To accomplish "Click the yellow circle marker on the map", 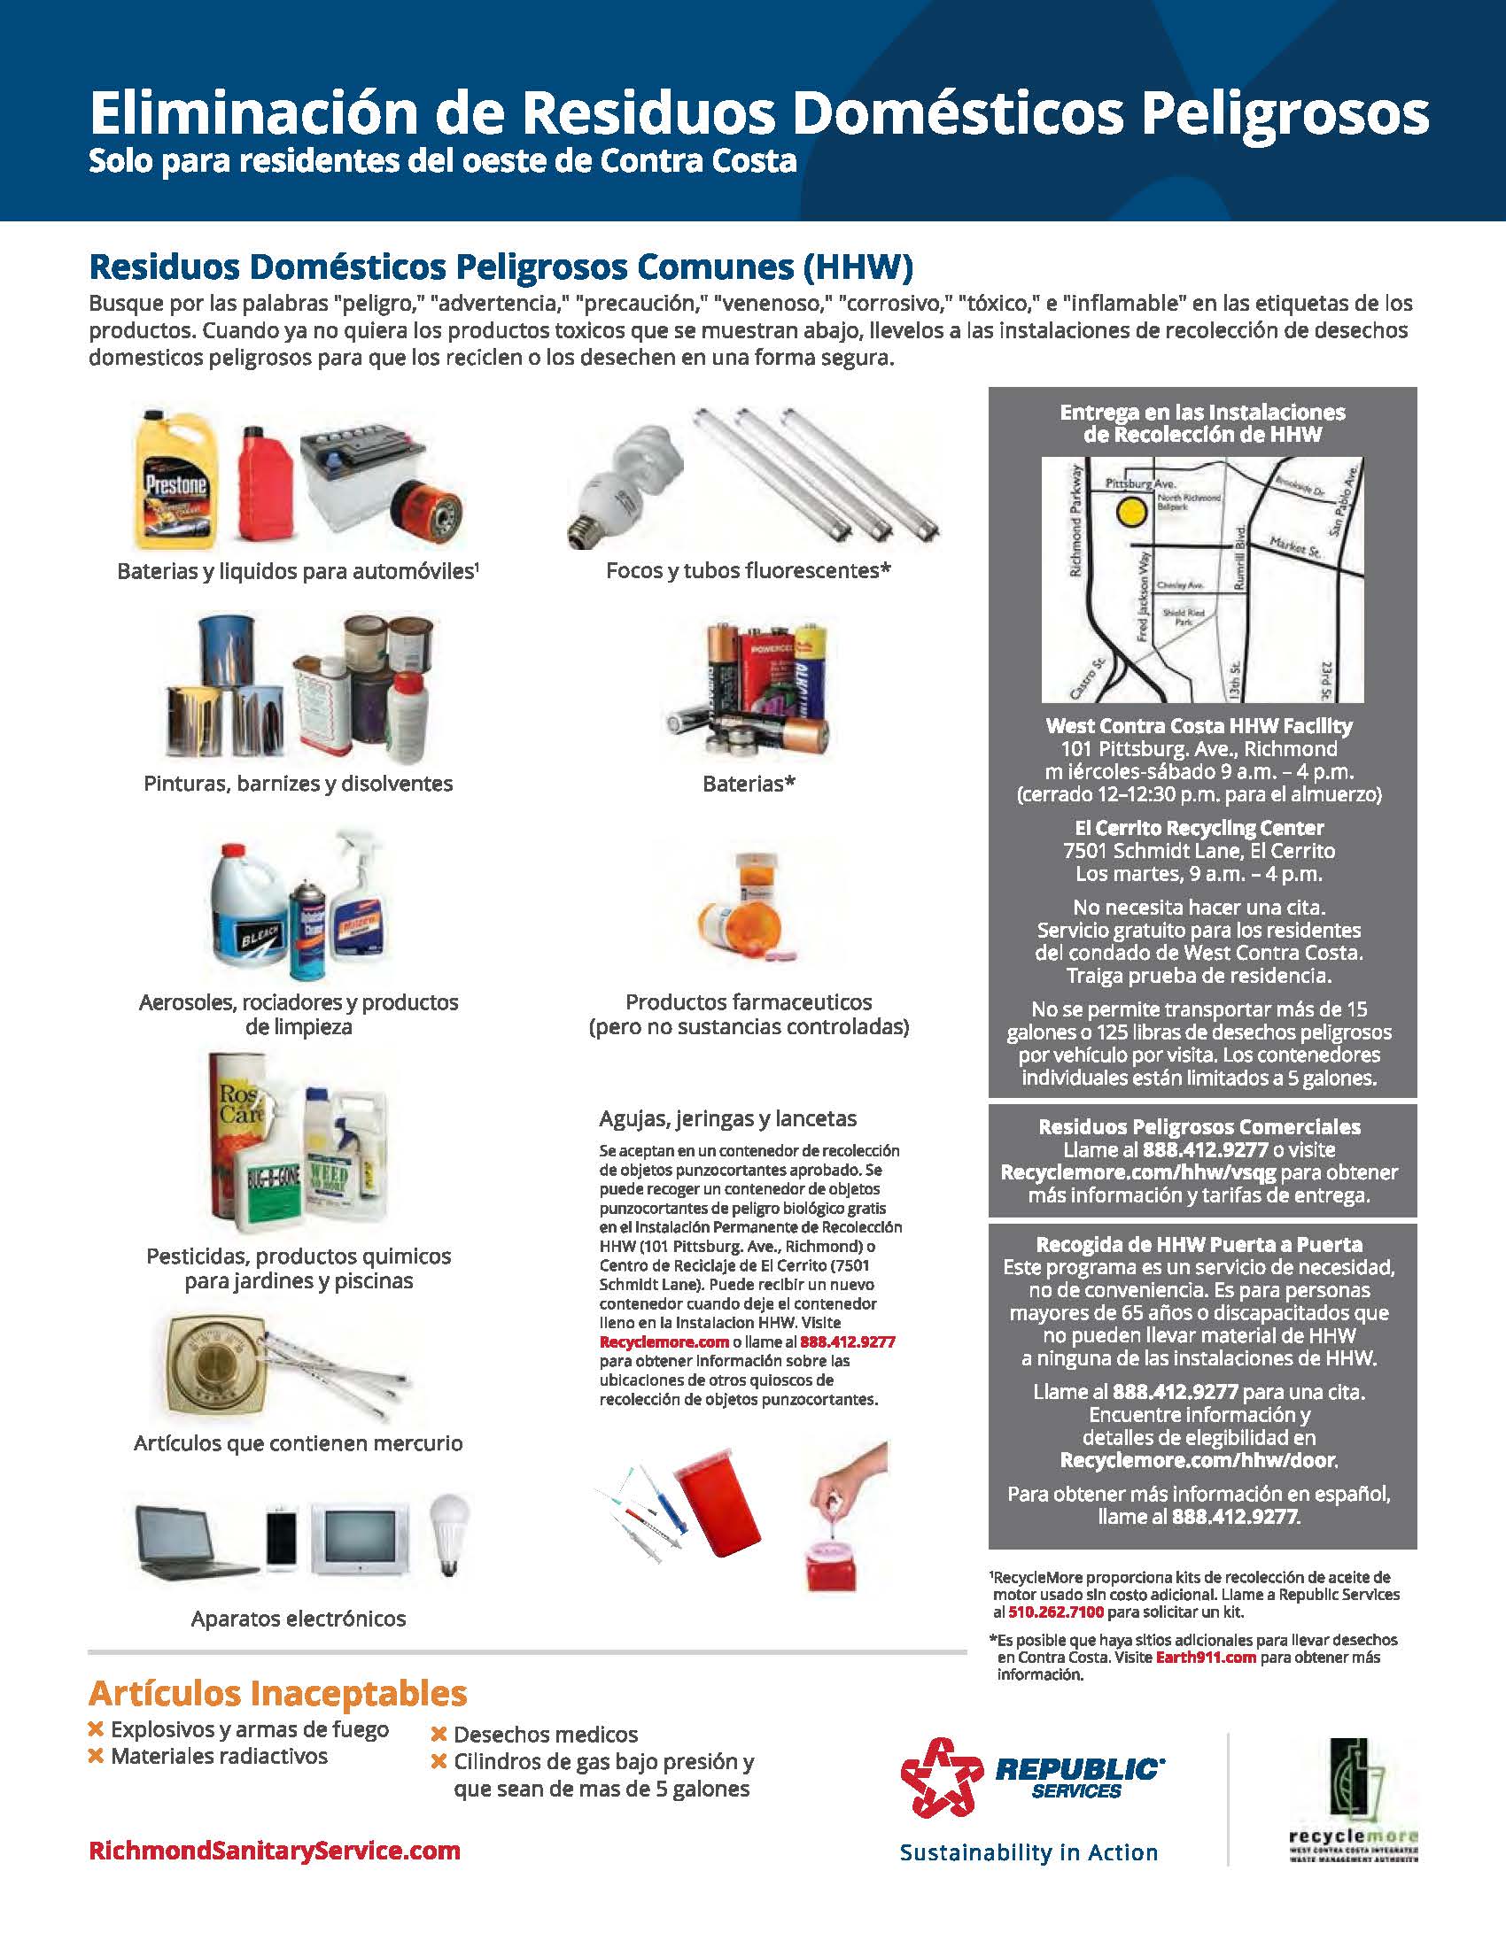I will pyautogui.click(x=1131, y=512).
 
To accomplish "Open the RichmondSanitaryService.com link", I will pyautogui.click(x=274, y=1851).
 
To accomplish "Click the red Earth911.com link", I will pyautogui.click(x=1206, y=1658).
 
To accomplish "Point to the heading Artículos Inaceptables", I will pyautogui.click(x=276, y=1692).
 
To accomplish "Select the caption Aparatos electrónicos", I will pyautogui.click(x=298, y=1619).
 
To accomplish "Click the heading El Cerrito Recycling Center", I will pyautogui.click(x=1199, y=828).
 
